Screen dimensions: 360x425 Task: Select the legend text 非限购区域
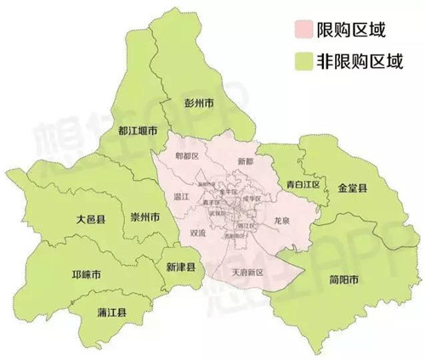point(358,61)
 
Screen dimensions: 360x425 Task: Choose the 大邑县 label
point(89,219)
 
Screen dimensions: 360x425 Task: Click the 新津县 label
point(181,267)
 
